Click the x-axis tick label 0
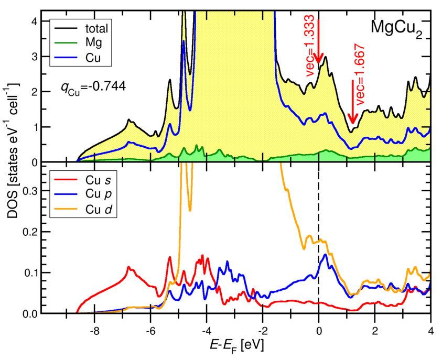pos(319,331)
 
